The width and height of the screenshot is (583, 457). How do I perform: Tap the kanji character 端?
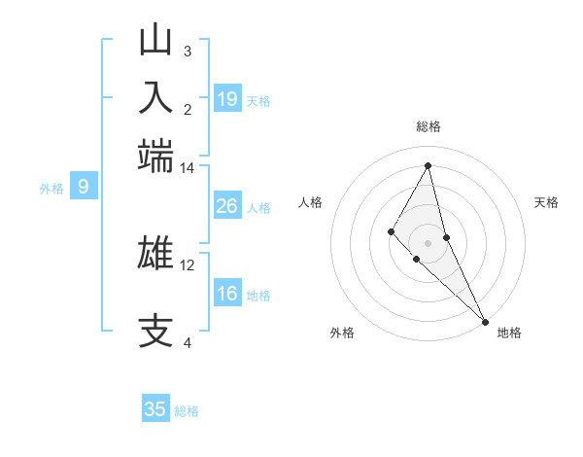point(156,155)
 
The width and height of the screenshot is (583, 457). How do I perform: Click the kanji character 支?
point(156,330)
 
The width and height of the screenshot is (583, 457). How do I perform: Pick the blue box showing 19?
point(227,99)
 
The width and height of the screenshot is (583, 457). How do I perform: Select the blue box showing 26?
point(227,206)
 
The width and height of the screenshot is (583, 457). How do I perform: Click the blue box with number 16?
point(227,294)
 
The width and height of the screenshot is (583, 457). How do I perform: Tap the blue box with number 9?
point(84,187)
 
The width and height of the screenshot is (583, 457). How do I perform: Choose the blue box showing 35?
point(155,409)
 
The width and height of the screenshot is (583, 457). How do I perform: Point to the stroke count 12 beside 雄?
point(188,264)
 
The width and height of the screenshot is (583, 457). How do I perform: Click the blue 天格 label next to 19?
point(258,100)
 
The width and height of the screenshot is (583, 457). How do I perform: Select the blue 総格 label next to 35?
point(187,411)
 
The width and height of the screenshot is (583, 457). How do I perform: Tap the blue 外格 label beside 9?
point(51,189)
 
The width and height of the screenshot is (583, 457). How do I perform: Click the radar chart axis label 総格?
point(429,126)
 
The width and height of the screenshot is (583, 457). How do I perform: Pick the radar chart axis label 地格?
point(509,333)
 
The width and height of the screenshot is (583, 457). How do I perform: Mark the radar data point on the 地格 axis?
point(484,320)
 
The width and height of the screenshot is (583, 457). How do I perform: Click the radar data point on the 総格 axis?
point(429,165)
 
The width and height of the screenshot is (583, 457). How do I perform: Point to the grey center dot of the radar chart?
point(429,242)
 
